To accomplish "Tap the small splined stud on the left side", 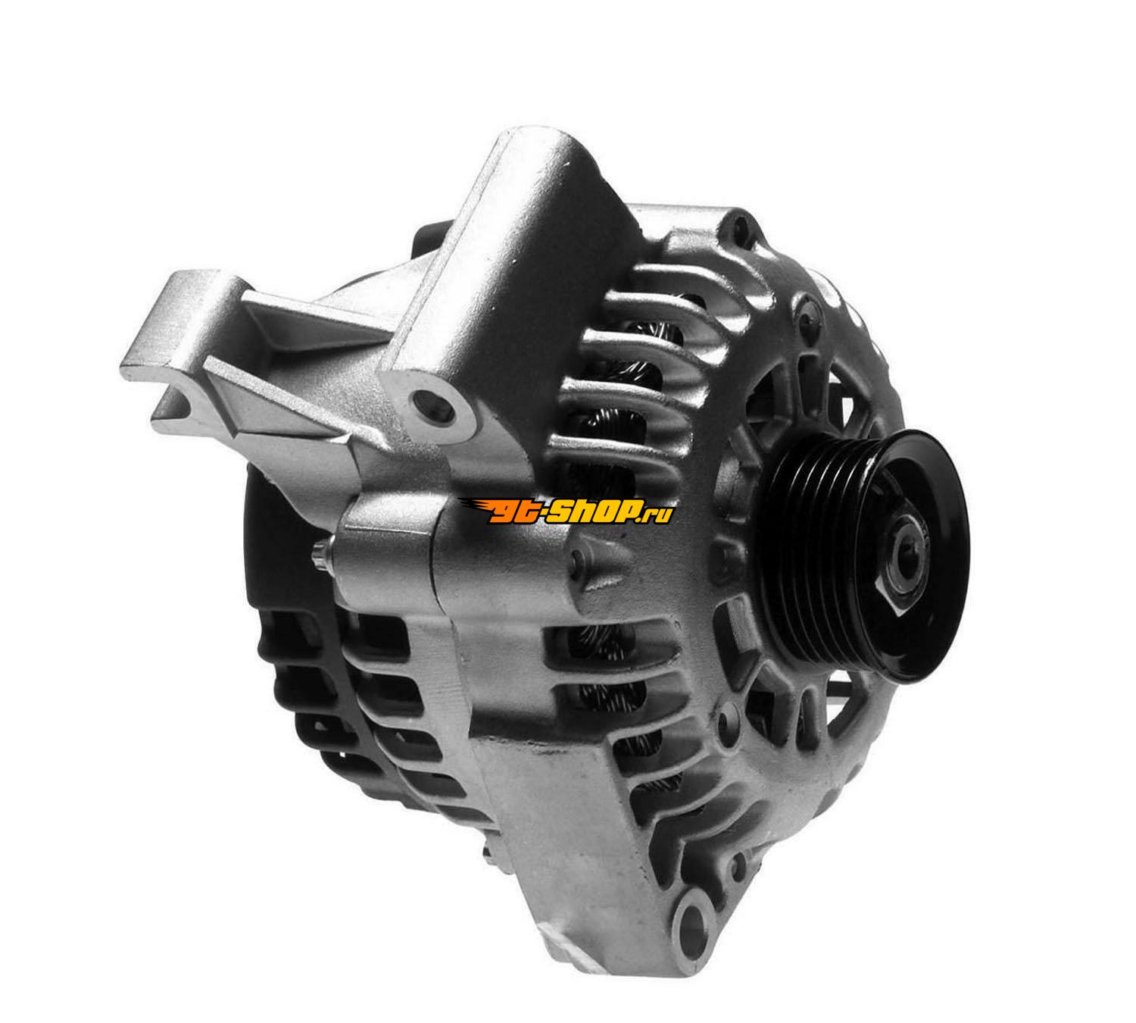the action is coord(320,555).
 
